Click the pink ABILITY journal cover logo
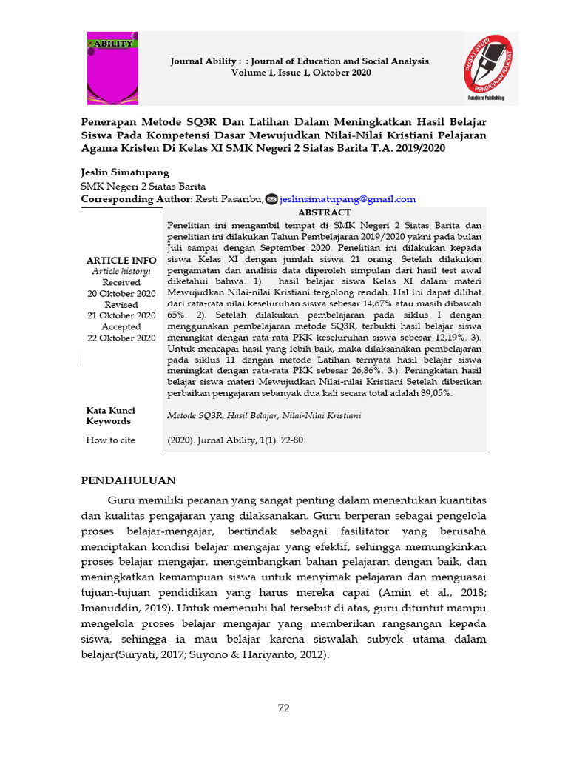(x=112, y=68)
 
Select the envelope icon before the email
(x=271, y=199)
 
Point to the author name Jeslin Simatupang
(x=125, y=172)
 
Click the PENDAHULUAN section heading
(x=128, y=480)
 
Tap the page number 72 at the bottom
(x=283, y=708)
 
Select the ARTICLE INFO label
(x=121, y=261)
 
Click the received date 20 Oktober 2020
(x=121, y=293)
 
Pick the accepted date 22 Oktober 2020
(x=121, y=338)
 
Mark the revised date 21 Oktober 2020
(x=121, y=315)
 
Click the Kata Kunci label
(x=111, y=410)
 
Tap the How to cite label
(x=111, y=440)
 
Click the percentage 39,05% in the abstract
(x=434, y=393)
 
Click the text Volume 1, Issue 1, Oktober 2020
(x=301, y=73)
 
